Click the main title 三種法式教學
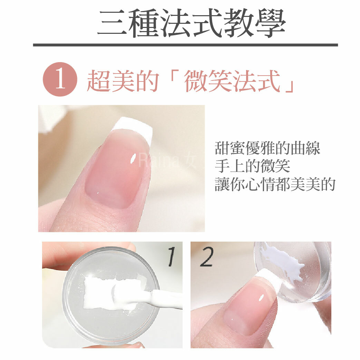coord(191,23)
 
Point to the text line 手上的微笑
coord(252,166)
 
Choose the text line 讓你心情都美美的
coord(275,184)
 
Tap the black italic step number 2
coord(206,258)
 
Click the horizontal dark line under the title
coord(185,45)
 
